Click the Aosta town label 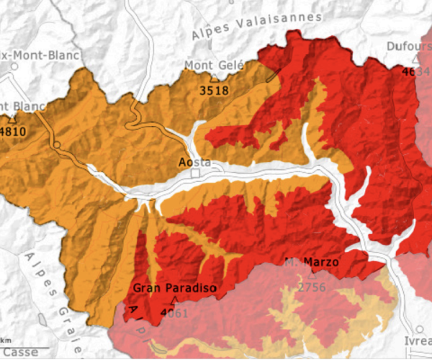point(194,162)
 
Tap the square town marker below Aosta point(194,174)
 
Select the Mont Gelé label point(214,66)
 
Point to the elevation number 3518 point(214,90)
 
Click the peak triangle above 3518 point(214,77)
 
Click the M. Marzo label point(311,262)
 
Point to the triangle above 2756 point(312,274)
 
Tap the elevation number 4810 point(9,132)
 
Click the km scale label point(6,339)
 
